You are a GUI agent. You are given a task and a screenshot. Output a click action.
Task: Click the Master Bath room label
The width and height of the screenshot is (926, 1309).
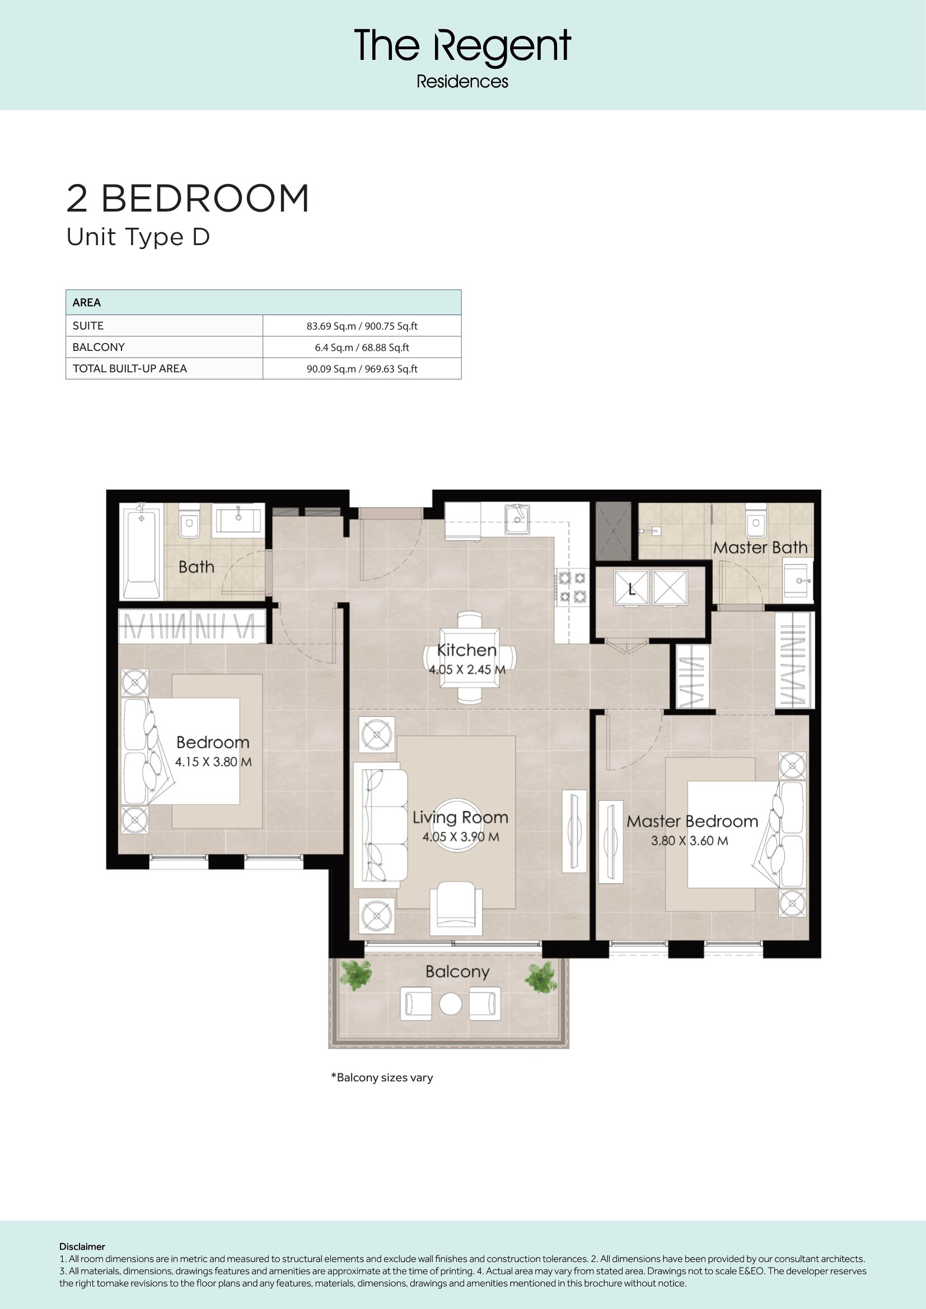[760, 547]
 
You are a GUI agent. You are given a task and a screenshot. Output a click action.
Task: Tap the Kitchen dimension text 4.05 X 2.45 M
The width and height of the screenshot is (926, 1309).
[467, 669]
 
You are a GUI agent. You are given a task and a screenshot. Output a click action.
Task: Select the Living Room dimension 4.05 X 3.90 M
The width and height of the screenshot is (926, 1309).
[461, 837]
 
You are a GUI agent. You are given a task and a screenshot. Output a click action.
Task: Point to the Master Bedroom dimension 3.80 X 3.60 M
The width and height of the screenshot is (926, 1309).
[689, 841]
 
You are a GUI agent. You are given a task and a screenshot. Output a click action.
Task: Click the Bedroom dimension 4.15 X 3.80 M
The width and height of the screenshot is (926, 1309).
[213, 762]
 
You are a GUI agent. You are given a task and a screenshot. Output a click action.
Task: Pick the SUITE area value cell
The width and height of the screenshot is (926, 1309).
[362, 326]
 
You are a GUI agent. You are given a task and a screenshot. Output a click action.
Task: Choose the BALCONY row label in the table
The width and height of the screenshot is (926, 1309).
[99, 347]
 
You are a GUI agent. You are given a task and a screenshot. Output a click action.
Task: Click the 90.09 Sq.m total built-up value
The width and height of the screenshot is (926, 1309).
[362, 369]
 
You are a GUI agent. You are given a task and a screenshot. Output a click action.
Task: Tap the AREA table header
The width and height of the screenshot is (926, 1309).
[87, 303]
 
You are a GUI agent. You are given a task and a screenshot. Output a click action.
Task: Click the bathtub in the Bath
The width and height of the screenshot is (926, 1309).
[141, 551]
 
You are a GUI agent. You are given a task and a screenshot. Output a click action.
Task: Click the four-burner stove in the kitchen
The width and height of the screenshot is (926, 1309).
[573, 587]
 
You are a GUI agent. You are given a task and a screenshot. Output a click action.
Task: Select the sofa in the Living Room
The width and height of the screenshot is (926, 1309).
[380, 824]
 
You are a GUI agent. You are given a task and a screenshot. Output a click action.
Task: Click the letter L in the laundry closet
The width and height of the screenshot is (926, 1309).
[632, 589]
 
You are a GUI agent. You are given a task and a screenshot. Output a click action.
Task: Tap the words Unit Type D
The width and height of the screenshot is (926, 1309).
[138, 237]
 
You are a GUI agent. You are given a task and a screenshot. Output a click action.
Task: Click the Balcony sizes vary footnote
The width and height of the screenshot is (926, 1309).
[382, 1077]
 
